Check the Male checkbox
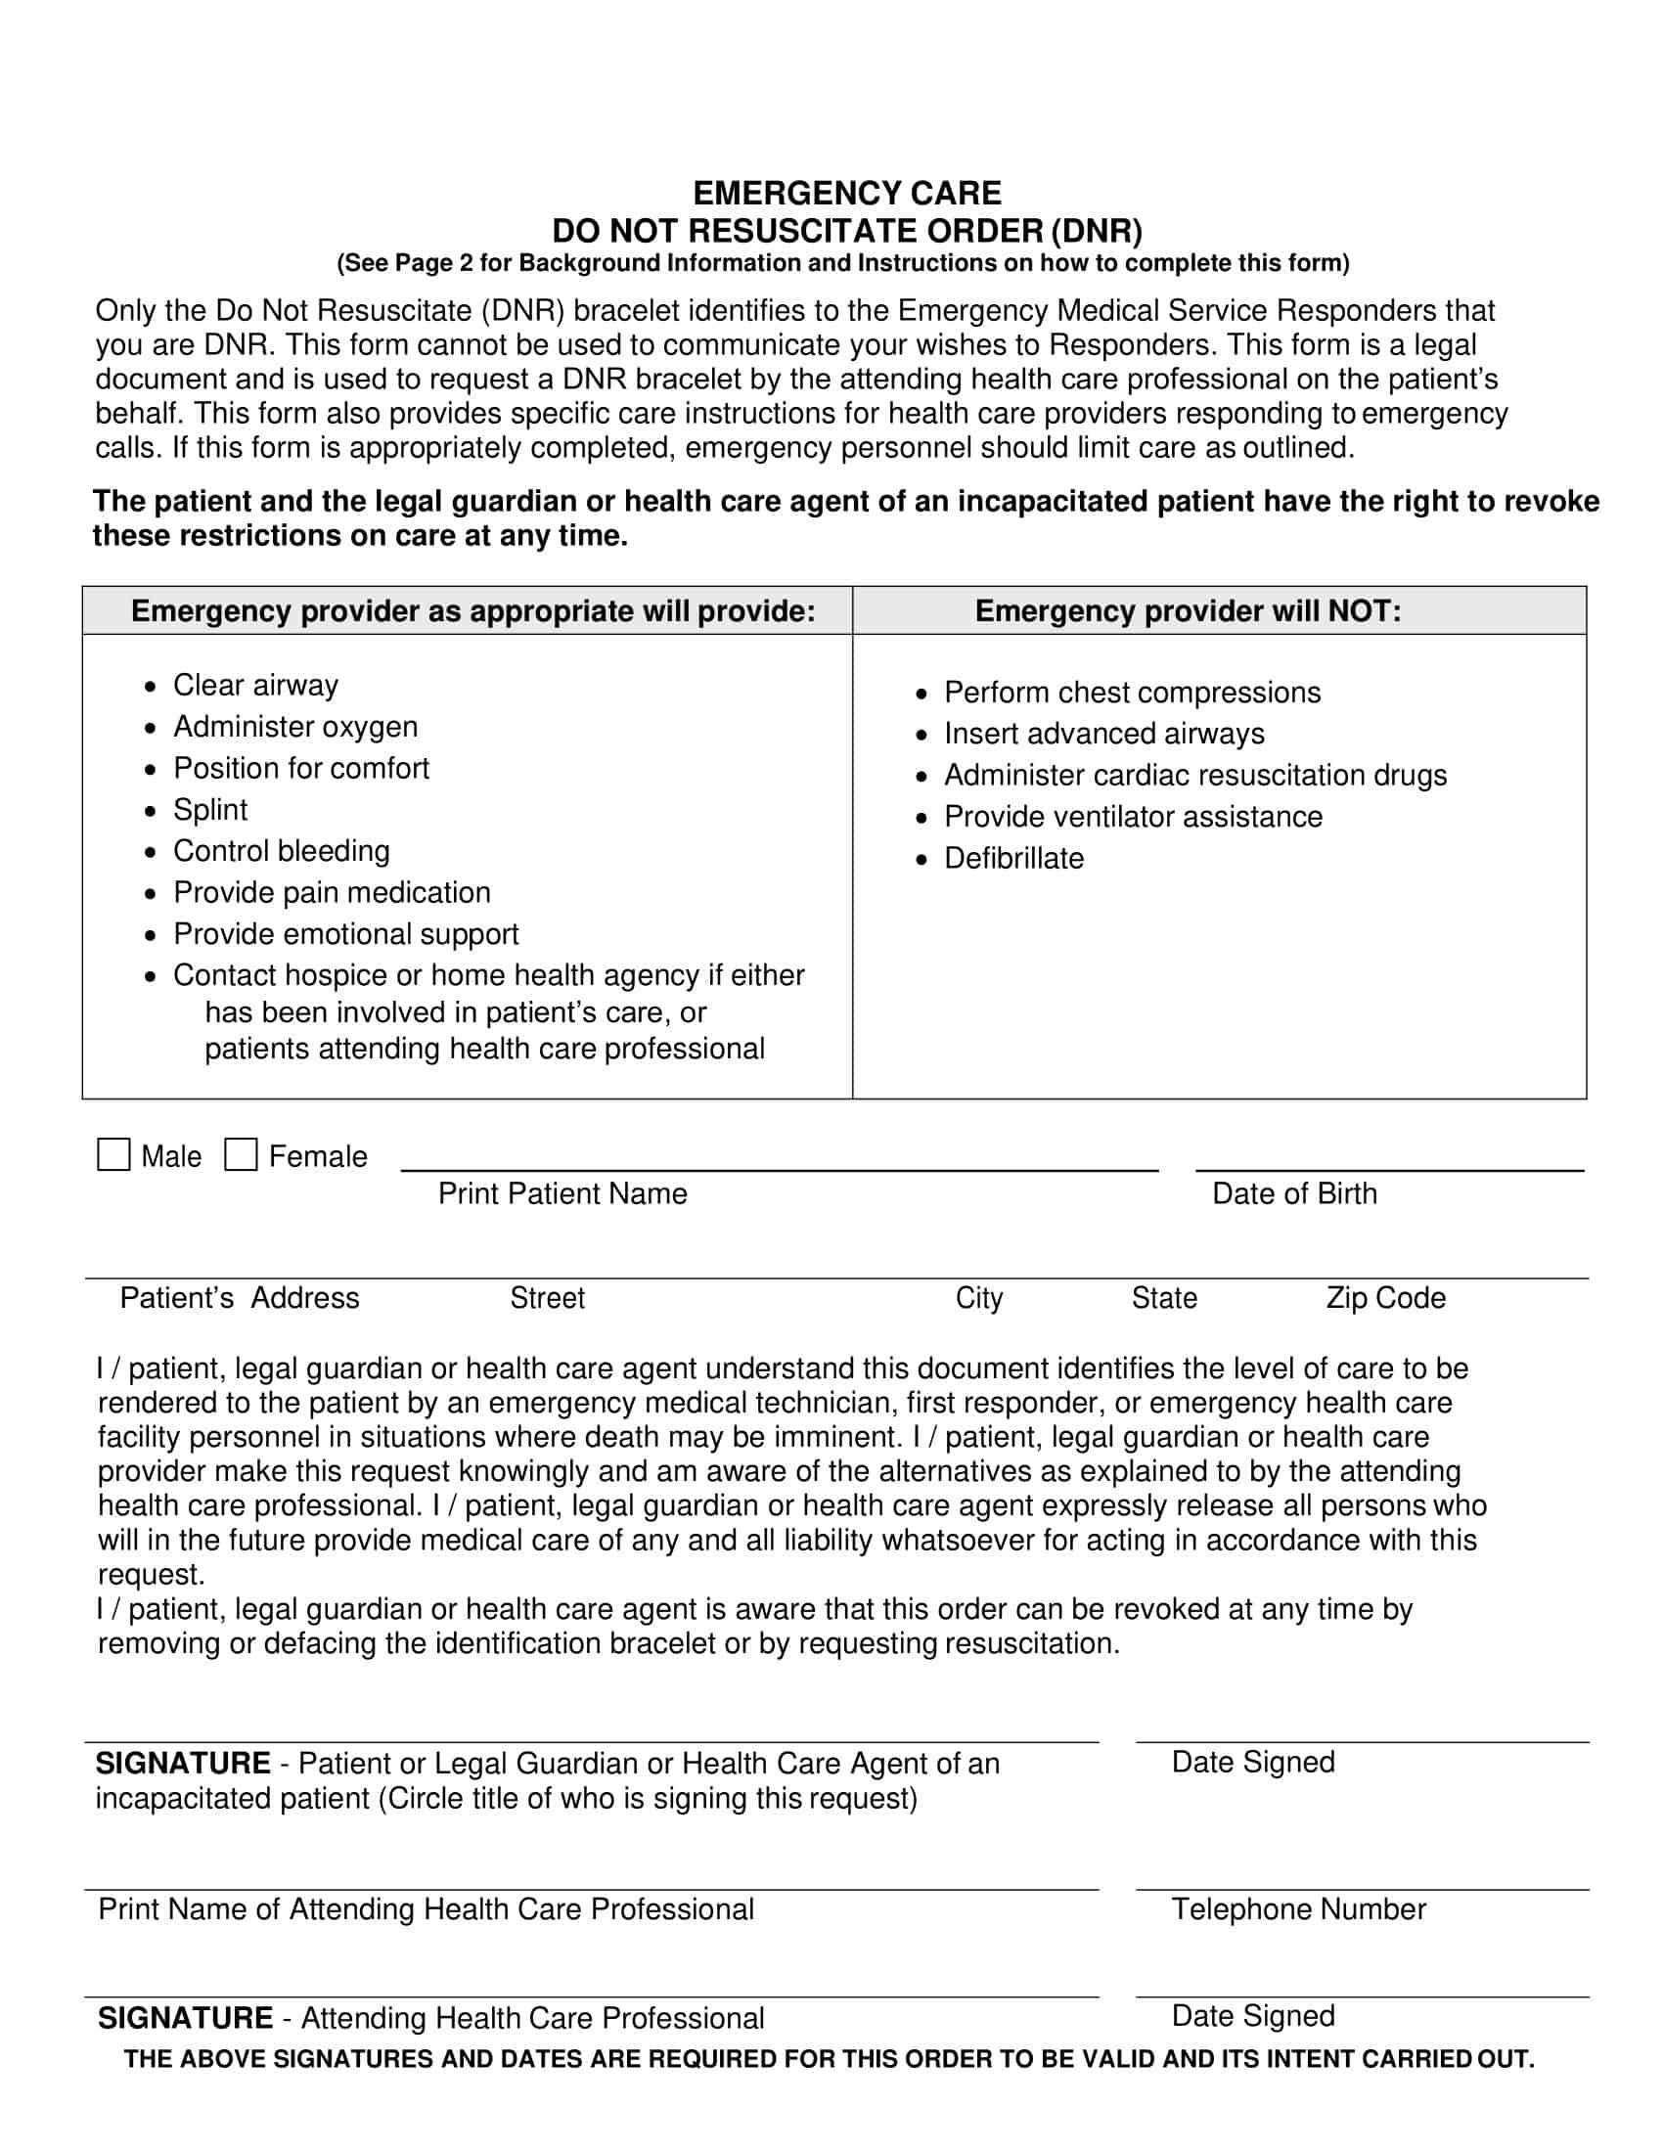[x=113, y=1155]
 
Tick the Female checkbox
[x=241, y=1155]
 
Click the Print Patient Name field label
[x=562, y=1193]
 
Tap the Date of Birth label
[x=1293, y=1193]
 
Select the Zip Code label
[x=1385, y=1298]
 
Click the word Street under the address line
[x=547, y=1298]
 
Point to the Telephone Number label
[x=1297, y=1908]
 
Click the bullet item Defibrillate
[x=1012, y=858]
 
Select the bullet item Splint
[x=210, y=809]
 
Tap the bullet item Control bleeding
[x=281, y=850]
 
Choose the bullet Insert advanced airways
[x=1103, y=733]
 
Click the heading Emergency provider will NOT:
[x=1188, y=611]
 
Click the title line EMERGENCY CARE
[x=846, y=192]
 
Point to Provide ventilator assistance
[x=1133, y=816]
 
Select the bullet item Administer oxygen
[x=294, y=726]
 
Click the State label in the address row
[x=1163, y=1298]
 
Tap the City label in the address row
[x=978, y=1298]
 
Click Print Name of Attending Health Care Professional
[x=426, y=1908]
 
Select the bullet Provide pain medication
[x=331, y=892]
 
